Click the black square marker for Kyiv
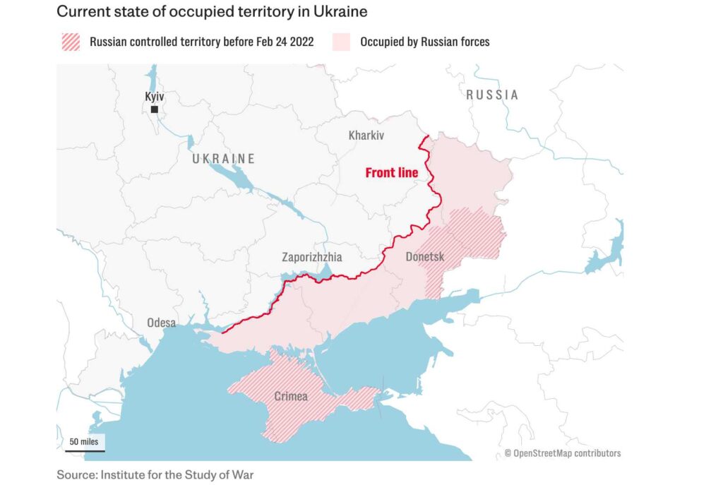[x=154, y=109]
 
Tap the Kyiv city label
[x=154, y=96]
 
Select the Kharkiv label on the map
[x=366, y=136]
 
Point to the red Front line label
[x=391, y=172]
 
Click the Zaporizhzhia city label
[x=311, y=257]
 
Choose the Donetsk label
[x=425, y=257]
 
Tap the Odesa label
[x=161, y=323]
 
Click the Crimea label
[x=291, y=396]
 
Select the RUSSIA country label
[x=492, y=95]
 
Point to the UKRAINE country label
[x=223, y=159]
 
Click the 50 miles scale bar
[x=83, y=443]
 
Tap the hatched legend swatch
[x=71, y=42]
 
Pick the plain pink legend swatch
[x=341, y=42]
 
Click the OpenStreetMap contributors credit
[x=563, y=453]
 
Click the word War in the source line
[x=242, y=474]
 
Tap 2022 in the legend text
[x=299, y=42]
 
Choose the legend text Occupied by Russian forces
[x=424, y=42]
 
